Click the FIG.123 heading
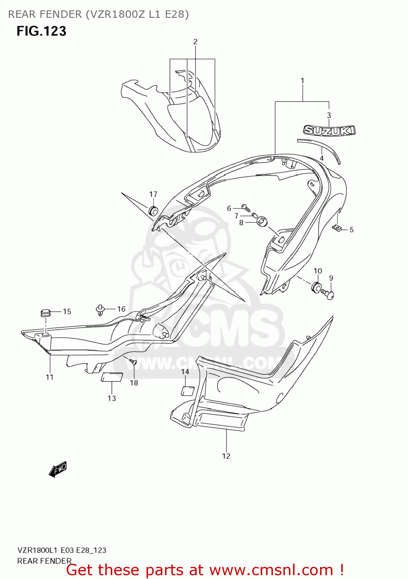tap(41, 31)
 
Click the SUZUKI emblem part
tap(329, 130)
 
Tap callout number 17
tap(153, 194)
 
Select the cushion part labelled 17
tap(153, 211)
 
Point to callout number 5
tap(351, 230)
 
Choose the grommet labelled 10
tap(316, 287)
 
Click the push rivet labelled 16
tap(101, 310)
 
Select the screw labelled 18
tap(133, 362)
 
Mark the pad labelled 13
tap(112, 377)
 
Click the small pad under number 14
tap(187, 391)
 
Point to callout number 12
tap(226, 456)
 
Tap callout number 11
tap(49, 377)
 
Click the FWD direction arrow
tap(58, 469)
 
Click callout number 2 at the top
tap(195, 42)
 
